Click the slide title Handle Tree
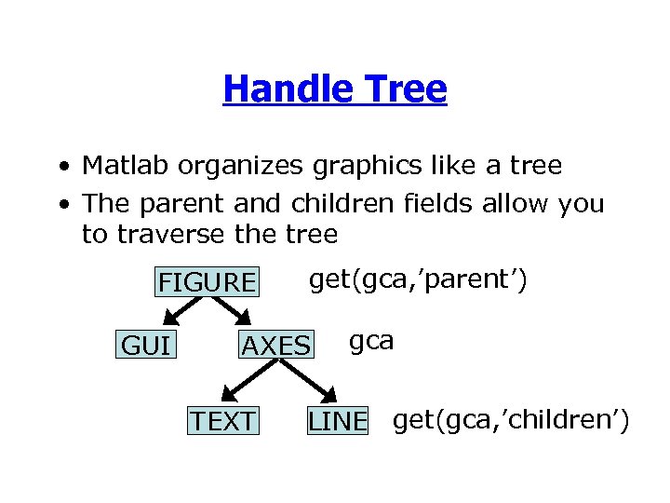click(x=335, y=89)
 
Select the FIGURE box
click(x=206, y=281)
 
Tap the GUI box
click(x=146, y=347)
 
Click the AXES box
click(x=275, y=347)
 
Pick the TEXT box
click(x=222, y=421)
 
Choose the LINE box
click(x=338, y=421)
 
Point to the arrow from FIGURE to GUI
click(x=176, y=314)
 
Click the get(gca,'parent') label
click(x=418, y=279)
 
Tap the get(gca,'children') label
click(x=511, y=420)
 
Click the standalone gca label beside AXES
click(x=371, y=341)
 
